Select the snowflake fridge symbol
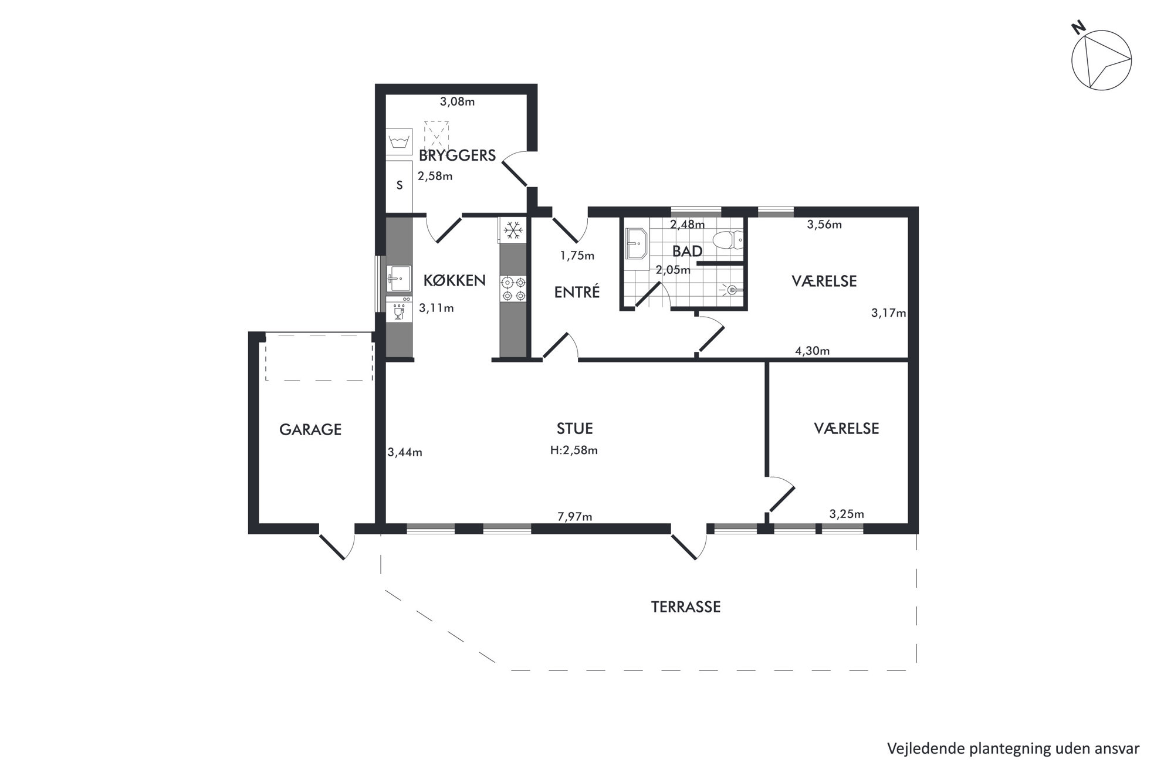point(513,229)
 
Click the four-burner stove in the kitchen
point(513,289)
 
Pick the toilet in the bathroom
point(727,240)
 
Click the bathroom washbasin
point(636,243)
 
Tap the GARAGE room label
point(310,430)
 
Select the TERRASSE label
point(686,607)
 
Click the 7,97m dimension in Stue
point(574,517)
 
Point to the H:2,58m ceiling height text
point(574,450)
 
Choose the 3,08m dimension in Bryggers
point(457,101)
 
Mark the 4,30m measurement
point(812,351)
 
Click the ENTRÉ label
point(577,292)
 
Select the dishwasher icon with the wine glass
point(400,310)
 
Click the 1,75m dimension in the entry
point(577,256)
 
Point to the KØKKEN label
point(455,281)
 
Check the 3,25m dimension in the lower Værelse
point(847,514)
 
